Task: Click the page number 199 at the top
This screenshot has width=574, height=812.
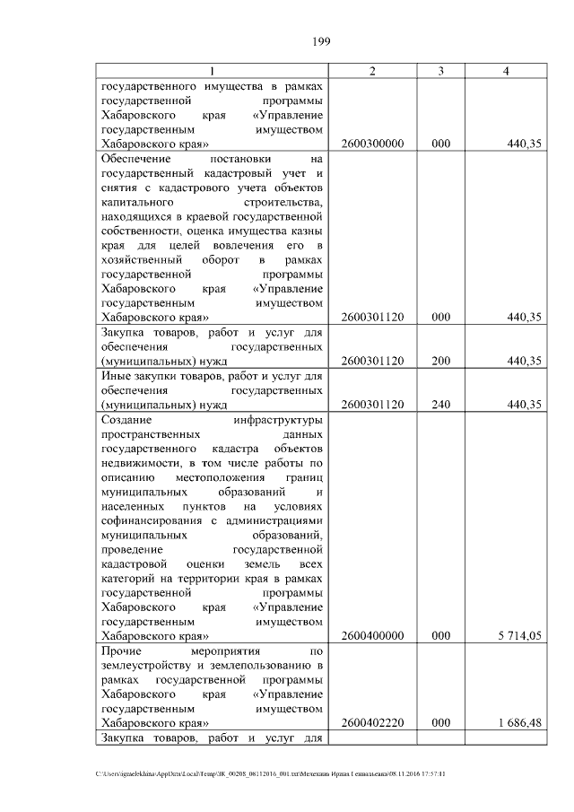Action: [323, 40]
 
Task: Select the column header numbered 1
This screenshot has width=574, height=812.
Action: [212, 72]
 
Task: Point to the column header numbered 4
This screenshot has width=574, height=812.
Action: [507, 72]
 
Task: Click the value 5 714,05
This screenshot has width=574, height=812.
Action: [520, 636]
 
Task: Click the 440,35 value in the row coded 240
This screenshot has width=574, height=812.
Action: [524, 405]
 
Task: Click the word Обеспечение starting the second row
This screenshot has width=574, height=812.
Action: [134, 159]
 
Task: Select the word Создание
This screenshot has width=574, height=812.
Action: [127, 419]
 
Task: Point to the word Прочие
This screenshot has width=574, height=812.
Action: [123, 650]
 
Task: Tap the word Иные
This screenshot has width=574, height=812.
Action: [116, 376]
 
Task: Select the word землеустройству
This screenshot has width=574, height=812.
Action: [149, 665]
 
